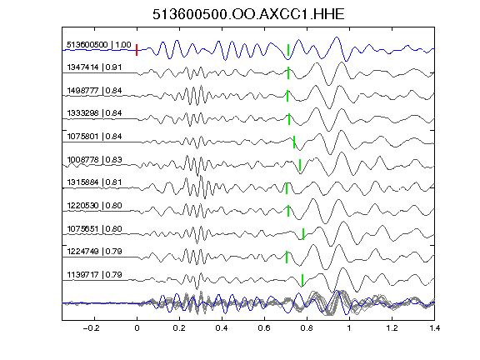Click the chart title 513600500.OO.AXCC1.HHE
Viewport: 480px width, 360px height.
pos(248,14)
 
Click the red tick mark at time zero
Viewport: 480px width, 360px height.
pos(137,50)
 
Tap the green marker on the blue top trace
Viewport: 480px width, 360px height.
pos(288,50)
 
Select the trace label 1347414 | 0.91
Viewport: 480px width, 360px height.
pos(94,67)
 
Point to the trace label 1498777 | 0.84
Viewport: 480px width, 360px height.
pos(94,91)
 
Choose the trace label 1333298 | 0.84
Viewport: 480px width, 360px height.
pos(94,113)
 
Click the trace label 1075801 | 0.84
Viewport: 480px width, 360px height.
pos(94,136)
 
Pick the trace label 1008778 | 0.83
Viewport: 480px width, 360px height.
pos(94,159)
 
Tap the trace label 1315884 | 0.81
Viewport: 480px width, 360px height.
pos(94,182)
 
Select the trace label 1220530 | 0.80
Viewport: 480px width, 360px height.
pos(94,205)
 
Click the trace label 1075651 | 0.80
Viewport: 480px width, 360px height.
pos(94,228)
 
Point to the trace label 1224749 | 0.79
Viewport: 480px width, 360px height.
pos(94,252)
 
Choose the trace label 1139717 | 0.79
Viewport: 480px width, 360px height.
pos(94,275)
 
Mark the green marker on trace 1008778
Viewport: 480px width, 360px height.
pos(300,165)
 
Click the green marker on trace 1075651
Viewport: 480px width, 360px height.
pos(303,234)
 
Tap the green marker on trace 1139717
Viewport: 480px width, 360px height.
pos(302,280)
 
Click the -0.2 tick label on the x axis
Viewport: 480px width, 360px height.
pos(91,328)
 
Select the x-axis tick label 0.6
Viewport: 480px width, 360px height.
pos(264,328)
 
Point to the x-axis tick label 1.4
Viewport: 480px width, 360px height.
pos(435,328)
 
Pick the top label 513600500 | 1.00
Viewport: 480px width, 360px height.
pos(99,45)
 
